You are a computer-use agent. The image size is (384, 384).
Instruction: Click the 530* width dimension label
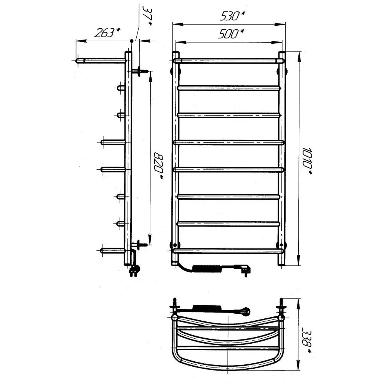[x=232, y=16]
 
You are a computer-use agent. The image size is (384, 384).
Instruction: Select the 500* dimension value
[x=231, y=34]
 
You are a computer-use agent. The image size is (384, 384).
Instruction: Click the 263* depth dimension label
[x=108, y=33]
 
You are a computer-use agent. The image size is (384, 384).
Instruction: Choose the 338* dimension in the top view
[x=306, y=340]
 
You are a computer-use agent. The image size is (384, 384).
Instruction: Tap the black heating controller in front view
[x=208, y=269]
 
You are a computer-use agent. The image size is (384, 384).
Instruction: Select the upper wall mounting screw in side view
[x=140, y=71]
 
